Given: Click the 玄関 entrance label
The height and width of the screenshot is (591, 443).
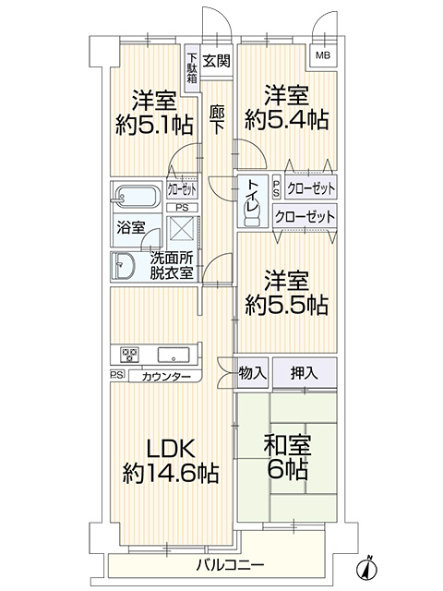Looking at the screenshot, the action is pos(216,60).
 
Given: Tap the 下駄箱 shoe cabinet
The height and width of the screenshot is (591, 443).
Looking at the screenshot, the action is pos(192,68).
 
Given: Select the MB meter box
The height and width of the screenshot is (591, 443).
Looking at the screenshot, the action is pos(323,55).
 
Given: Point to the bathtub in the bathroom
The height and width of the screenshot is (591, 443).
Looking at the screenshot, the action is pos(137,196).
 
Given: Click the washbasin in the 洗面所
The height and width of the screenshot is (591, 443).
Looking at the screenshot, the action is pos(123,266).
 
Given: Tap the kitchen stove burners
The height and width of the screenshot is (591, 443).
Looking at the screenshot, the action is pos(129,355).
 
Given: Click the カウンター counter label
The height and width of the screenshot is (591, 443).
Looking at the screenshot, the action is pos(167,376).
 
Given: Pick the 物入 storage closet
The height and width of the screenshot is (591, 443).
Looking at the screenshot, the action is pos(252,373).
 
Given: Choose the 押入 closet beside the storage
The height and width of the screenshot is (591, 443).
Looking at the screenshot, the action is pos(305,373).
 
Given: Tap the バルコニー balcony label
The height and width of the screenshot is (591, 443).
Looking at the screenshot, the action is pos(230,564).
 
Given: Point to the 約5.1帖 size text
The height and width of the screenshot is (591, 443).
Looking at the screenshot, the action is pos(154,126).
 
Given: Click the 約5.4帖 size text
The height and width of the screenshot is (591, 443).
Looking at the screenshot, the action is pos(286,120).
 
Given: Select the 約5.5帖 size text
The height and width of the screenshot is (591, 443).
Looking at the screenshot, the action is pos(286,305).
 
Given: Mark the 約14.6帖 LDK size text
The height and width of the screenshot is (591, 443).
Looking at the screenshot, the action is pos(171,473).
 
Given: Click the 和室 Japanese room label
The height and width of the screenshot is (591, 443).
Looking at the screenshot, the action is pos(287,445).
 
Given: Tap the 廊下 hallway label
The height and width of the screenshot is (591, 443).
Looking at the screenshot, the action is pos(217,120).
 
